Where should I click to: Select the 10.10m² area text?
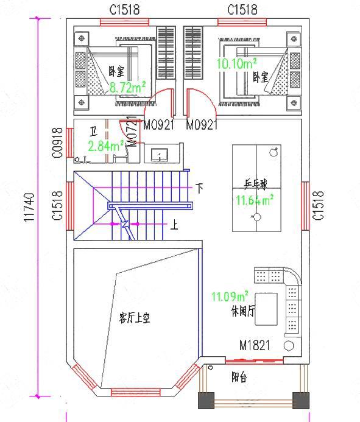(x=236, y=63)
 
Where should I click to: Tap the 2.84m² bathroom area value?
(x=105, y=146)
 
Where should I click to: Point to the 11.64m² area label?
(x=254, y=199)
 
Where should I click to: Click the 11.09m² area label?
(x=230, y=297)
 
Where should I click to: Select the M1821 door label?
(x=255, y=346)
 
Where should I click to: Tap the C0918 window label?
(x=57, y=142)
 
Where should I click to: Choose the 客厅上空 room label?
(x=134, y=317)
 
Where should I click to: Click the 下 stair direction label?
(x=199, y=187)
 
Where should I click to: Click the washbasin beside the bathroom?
(x=160, y=154)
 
